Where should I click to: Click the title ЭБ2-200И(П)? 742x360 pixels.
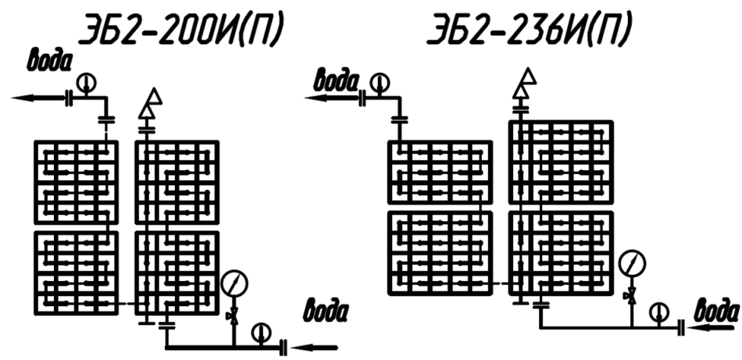[x=178, y=31]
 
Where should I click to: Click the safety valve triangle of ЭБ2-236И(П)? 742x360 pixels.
[x=529, y=76]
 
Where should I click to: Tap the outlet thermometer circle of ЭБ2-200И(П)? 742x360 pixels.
[x=85, y=80]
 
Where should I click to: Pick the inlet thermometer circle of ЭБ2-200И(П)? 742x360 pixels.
[x=261, y=333]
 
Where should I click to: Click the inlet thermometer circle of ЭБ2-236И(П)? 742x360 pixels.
[x=660, y=312]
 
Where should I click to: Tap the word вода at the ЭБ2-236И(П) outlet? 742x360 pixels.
[x=335, y=78]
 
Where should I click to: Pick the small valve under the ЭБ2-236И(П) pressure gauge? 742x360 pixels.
[x=630, y=296]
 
